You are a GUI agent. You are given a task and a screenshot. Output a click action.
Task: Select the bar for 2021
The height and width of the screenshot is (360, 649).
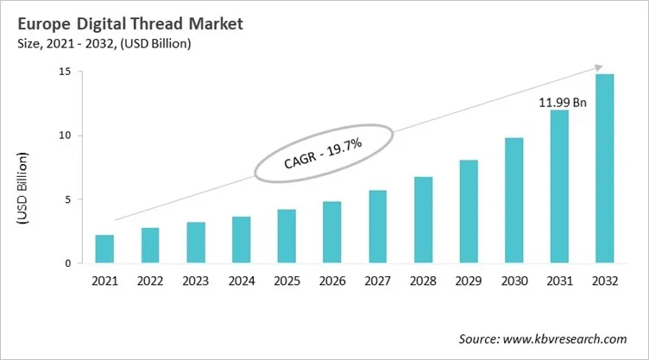pos(104,249)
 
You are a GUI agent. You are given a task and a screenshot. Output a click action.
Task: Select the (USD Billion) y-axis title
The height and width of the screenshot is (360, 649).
pos(23,188)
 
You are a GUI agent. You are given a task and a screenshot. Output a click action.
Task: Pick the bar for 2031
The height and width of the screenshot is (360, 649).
pos(560,186)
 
